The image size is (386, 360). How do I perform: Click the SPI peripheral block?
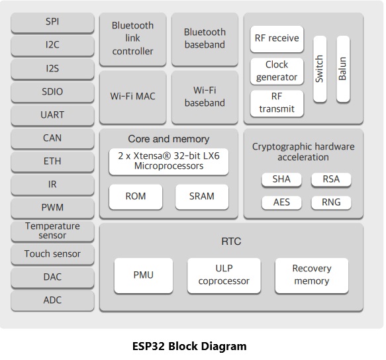pyautogui.click(x=52, y=22)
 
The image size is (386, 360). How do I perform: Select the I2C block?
pyautogui.click(x=52, y=45)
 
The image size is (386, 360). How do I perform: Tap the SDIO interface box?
pyautogui.click(x=52, y=91)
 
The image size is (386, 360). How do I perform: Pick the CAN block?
pyautogui.click(x=52, y=138)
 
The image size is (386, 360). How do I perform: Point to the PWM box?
pyautogui.click(x=52, y=207)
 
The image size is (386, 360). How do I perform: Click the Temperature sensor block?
pyautogui.click(x=52, y=230)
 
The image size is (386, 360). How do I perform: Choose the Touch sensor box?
pyautogui.click(x=52, y=254)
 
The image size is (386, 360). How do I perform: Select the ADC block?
pyautogui.click(x=52, y=300)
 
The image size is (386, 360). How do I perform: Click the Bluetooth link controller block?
pyautogui.click(x=132, y=38)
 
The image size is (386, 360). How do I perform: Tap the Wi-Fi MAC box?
pyautogui.click(x=132, y=97)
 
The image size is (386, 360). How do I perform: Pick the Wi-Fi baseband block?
pyautogui.click(x=205, y=97)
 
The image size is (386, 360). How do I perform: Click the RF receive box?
pyautogui.click(x=277, y=38)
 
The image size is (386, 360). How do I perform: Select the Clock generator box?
pyautogui.click(x=277, y=71)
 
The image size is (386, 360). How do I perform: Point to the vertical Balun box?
pyautogui.click(x=342, y=69)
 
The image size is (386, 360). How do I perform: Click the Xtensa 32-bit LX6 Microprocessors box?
pyautogui.click(x=169, y=161)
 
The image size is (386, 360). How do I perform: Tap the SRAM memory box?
pyautogui.click(x=202, y=196)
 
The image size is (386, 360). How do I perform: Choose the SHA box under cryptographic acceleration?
pyautogui.click(x=281, y=179)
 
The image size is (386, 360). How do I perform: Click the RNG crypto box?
pyautogui.click(x=331, y=202)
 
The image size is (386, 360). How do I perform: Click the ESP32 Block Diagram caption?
pyautogui.click(x=189, y=346)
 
